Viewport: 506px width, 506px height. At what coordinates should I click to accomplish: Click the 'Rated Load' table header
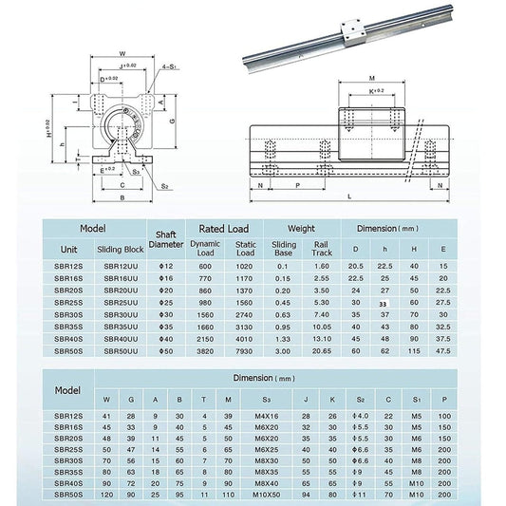(x=225, y=229)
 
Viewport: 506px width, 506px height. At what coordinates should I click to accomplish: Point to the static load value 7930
(x=245, y=350)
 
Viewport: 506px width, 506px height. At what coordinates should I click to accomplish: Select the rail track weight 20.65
(x=320, y=350)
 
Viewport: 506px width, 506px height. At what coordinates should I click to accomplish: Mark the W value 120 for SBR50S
(x=106, y=495)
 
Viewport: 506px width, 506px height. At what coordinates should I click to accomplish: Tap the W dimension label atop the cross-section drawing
(x=122, y=53)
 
